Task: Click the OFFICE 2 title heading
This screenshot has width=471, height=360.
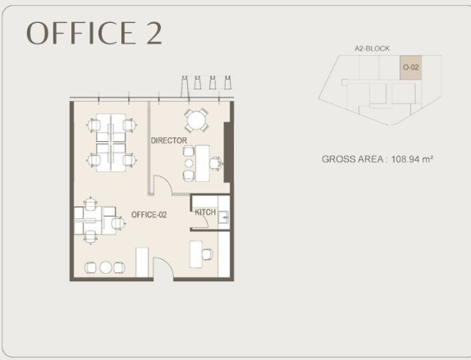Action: (94, 33)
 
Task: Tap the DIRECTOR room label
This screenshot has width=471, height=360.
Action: (169, 140)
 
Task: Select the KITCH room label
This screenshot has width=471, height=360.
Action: (205, 212)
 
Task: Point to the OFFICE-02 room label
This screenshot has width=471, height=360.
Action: (149, 215)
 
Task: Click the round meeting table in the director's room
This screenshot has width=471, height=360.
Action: (196, 120)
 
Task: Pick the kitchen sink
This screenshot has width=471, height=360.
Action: (223, 217)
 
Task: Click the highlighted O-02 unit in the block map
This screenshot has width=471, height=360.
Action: (410, 67)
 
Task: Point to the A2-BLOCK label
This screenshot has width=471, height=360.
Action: (372, 48)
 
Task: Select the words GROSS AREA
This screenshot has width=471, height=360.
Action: (352, 159)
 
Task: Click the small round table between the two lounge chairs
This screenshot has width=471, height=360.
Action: (106, 267)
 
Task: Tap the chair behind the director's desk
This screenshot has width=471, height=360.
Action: (216, 163)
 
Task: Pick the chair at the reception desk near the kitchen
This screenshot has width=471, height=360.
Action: (208, 254)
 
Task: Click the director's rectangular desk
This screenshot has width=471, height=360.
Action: (203, 163)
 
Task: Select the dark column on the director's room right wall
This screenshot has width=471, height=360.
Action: (227, 153)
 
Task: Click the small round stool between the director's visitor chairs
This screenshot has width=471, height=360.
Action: (189, 163)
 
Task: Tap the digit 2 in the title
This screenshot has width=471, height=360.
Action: (154, 33)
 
